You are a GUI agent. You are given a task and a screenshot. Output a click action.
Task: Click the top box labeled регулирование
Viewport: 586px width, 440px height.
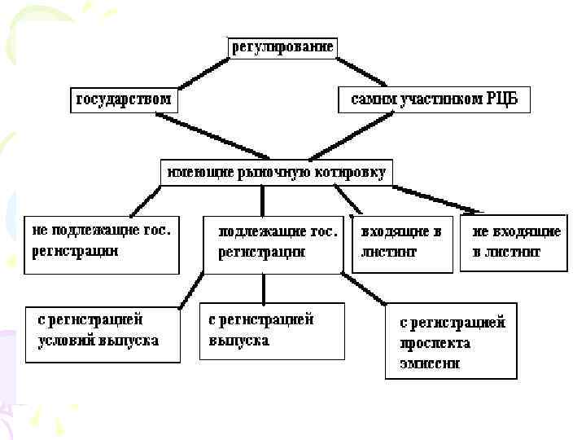pyautogui.click(x=282, y=46)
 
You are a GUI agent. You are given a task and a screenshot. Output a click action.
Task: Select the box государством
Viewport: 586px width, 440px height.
pyautogui.click(x=124, y=100)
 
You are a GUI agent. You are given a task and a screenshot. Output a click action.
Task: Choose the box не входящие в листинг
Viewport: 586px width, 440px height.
pyautogui.click(x=511, y=243)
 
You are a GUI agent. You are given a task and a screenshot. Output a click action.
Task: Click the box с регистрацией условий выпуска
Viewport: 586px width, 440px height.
pyautogui.click(x=102, y=332)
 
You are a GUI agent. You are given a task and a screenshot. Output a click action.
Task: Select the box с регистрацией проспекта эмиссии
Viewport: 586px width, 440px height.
pyautogui.click(x=450, y=342)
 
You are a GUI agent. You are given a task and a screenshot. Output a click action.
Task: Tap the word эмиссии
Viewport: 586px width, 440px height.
pyautogui.click(x=429, y=363)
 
